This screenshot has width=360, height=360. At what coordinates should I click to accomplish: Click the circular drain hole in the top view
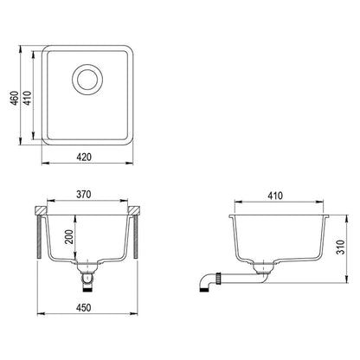pos(88,80)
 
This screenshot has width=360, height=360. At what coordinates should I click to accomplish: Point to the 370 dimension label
pos(84,196)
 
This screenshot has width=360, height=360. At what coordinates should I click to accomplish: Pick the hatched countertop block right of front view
pos(135,210)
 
